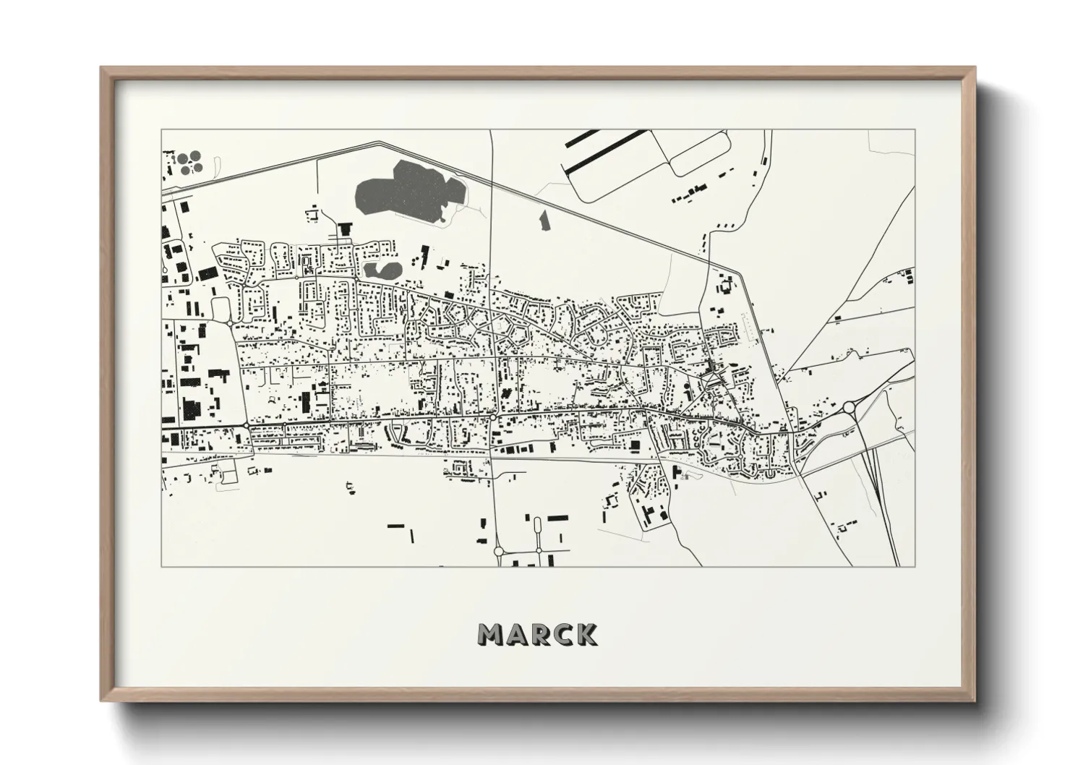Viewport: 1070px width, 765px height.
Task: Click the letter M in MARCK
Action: coord(492,634)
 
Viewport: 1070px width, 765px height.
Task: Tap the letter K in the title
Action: coord(585,634)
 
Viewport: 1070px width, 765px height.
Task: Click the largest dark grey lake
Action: coord(409,192)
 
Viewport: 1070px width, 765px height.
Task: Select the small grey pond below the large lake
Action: coord(382,270)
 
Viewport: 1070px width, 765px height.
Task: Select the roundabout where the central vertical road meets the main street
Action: coord(492,417)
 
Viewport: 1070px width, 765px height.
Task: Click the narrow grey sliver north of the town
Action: coord(544,220)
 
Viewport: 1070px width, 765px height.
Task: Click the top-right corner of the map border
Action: coord(915,129)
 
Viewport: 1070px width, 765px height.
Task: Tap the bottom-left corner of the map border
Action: coord(161,568)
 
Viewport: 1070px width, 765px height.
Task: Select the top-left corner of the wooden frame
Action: coord(100,67)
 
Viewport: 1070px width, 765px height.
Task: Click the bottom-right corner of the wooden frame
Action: coord(975,701)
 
